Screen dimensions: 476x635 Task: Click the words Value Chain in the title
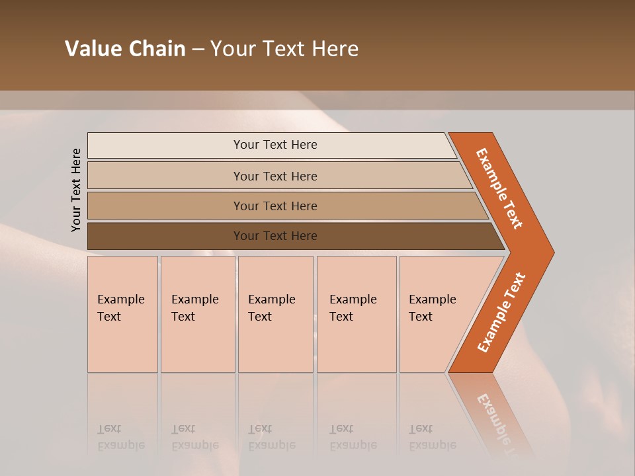coord(125,49)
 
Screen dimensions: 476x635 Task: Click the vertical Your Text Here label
coord(76,190)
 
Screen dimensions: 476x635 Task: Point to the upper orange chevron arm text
coord(499,188)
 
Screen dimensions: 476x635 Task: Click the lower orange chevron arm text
coord(501,312)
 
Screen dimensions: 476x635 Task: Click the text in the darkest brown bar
coord(275,236)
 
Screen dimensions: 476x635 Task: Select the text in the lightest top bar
coord(275,145)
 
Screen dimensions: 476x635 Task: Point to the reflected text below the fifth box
coord(433,437)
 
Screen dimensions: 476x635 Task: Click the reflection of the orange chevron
coord(493,413)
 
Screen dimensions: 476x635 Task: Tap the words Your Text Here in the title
coord(284,49)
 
